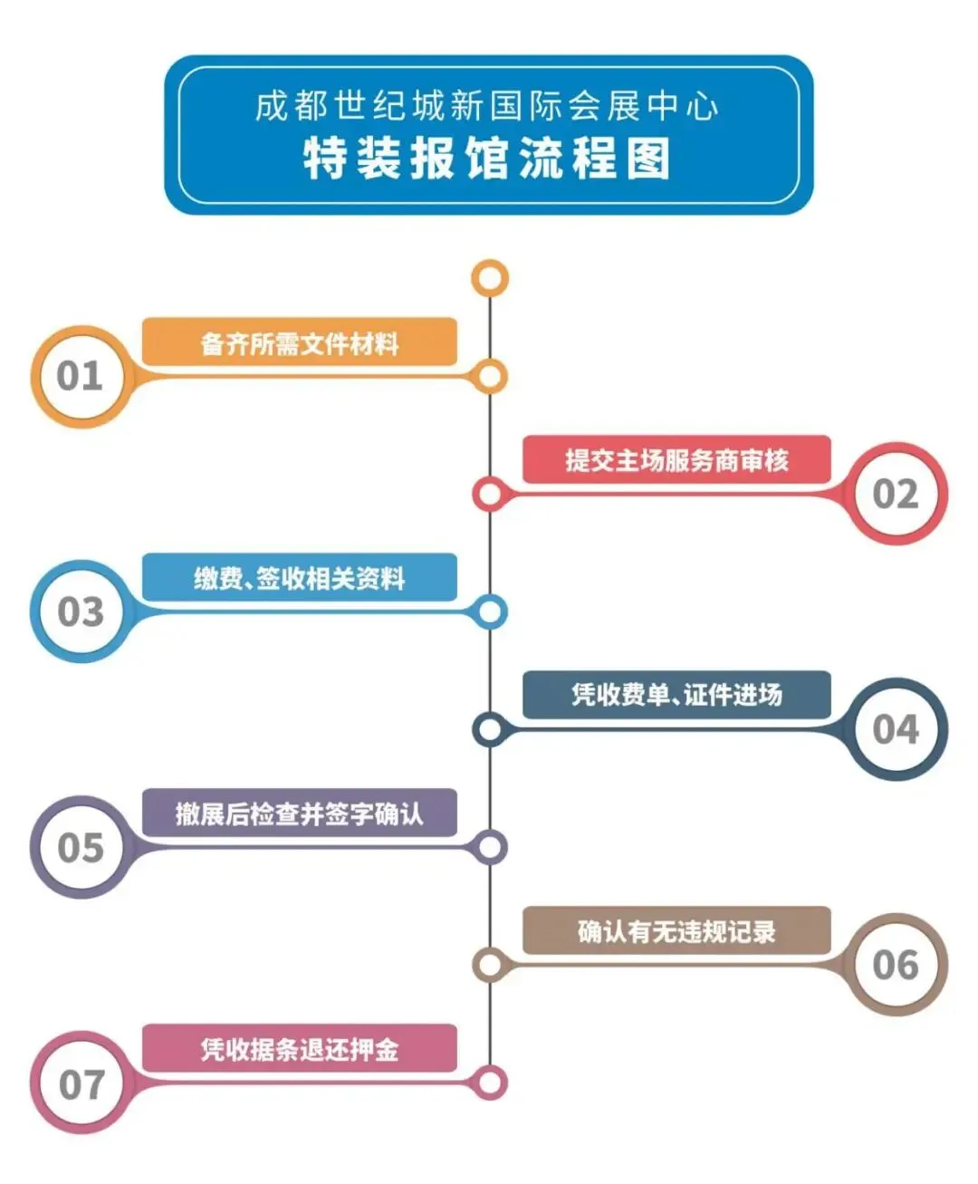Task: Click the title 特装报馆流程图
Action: (487, 159)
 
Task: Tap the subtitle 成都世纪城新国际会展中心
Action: (487, 107)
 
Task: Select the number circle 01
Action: (81, 376)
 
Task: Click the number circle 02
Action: (896, 494)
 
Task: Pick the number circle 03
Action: (81, 611)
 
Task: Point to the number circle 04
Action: (896, 729)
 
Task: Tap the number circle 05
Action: (81, 847)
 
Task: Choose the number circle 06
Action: (896, 965)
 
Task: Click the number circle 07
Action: (81, 1083)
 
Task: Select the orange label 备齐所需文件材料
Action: (300, 343)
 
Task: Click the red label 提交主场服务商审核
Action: (676, 460)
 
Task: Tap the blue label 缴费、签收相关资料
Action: (300, 578)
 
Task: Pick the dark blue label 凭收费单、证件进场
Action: (676, 696)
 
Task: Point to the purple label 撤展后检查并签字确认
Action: (300, 813)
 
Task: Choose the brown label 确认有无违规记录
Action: (676, 931)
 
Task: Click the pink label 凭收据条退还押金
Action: (300, 1049)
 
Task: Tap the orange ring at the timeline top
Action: (490, 278)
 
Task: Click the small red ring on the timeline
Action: (490, 495)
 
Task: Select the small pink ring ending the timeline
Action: (490, 1083)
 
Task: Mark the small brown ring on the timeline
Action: (490, 965)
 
